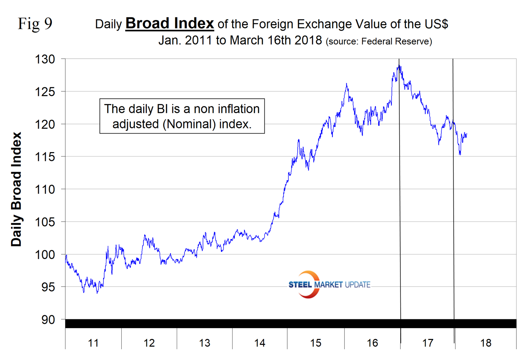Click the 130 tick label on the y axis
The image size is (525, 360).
45,59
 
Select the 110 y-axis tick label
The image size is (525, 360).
45,189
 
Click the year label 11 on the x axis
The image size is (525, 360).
93,343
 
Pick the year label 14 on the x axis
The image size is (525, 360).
260,343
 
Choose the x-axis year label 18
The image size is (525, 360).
485,343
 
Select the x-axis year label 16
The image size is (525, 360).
372,343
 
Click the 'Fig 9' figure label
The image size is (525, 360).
35,24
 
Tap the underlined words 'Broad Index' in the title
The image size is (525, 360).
170,23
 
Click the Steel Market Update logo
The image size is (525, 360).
329,285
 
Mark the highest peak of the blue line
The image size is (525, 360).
399,66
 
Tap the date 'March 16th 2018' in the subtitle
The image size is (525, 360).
276,40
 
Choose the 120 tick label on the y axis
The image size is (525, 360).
45,124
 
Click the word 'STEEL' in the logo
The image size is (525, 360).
300,285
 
